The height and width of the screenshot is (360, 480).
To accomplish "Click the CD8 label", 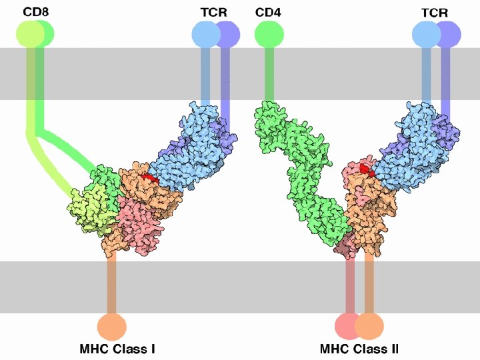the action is tap(35, 12).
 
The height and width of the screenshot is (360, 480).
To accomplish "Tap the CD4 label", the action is tap(268, 12).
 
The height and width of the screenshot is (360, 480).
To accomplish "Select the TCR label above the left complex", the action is tap(213, 12).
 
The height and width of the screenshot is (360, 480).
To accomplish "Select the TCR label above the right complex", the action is tap(434, 12).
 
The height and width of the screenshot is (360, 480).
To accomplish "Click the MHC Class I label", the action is tap(117, 348).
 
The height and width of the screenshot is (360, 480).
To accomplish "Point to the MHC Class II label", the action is tap(359, 348).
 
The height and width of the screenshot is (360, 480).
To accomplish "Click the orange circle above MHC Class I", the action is tap(111, 326).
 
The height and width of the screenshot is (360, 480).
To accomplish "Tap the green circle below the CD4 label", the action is tap(269, 34).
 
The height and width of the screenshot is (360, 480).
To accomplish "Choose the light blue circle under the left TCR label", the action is tap(204, 34).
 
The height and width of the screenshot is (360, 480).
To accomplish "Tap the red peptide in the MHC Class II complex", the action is tap(365, 169).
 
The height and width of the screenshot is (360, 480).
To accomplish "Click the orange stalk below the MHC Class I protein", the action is tap(111, 280).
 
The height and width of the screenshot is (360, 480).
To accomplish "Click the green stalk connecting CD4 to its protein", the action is tap(269, 73).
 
